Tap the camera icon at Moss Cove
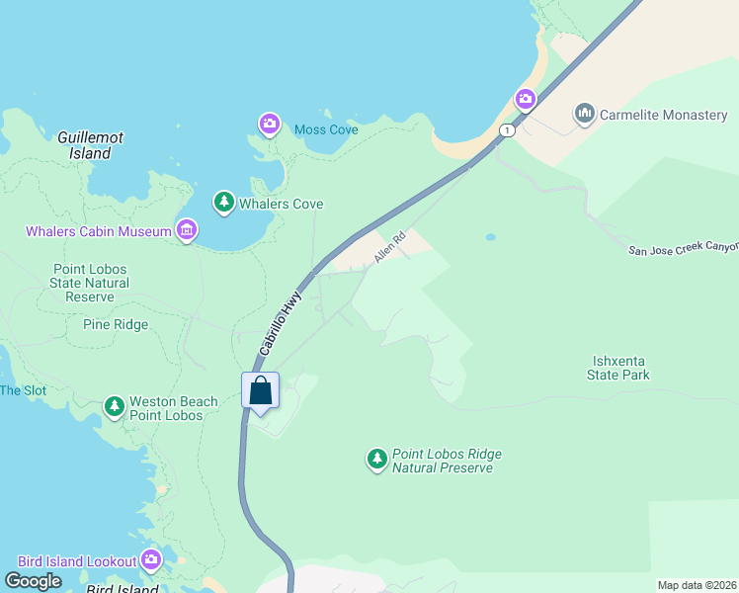269,125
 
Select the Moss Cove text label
326,129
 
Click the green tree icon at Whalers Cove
224,203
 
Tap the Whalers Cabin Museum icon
186,231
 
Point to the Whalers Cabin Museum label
97,232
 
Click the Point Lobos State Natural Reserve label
89,283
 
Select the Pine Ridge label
116,324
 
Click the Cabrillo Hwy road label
280,322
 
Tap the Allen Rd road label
390,248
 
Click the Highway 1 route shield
507,130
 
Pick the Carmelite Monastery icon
585,115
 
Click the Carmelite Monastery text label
664,116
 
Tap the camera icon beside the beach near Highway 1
526,99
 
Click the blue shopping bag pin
261,390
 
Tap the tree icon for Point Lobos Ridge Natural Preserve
376,459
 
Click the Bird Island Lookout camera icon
151,561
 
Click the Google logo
33,581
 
